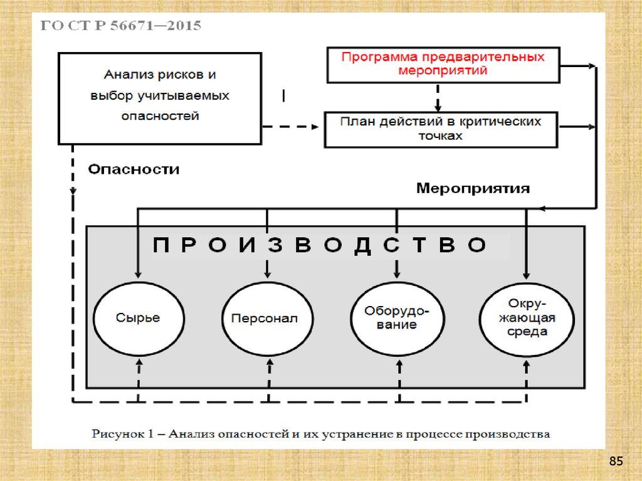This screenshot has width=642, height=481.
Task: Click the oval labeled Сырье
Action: coord(138,318)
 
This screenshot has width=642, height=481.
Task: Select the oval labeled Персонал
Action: coord(268,318)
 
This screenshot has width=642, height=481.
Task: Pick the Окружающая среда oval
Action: coord(526,318)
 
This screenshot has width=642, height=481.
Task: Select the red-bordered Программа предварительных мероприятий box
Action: coord(443,64)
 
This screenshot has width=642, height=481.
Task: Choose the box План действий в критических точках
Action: coord(440,129)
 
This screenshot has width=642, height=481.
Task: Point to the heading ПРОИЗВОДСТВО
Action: coord(320,245)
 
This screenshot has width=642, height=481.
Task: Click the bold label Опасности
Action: coord(133,169)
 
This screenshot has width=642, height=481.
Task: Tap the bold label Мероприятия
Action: coord(473,188)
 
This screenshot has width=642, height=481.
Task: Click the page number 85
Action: coord(616,462)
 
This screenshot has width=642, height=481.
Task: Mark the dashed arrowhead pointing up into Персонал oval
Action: coord(268,363)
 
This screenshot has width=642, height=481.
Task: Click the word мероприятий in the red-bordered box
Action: coord(443,70)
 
